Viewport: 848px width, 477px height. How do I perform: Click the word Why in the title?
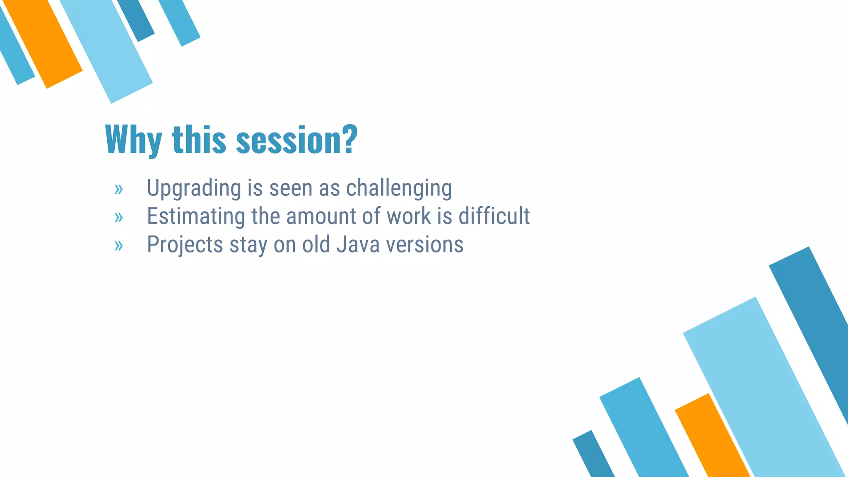pyautogui.click(x=133, y=140)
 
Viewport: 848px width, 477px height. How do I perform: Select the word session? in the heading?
pyautogui.click(x=296, y=140)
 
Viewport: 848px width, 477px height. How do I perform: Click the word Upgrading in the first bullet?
pyautogui.click(x=194, y=188)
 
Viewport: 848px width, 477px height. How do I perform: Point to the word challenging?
pyautogui.click(x=399, y=188)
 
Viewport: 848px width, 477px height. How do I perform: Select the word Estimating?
pyautogui.click(x=196, y=216)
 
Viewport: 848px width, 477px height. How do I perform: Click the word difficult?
pyautogui.click(x=494, y=216)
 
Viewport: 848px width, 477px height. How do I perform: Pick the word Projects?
pyautogui.click(x=185, y=244)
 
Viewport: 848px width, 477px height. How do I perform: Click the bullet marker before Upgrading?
pyautogui.click(x=119, y=190)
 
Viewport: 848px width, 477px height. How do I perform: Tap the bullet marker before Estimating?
pyautogui.click(x=119, y=217)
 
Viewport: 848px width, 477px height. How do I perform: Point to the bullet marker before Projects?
pyautogui.click(x=119, y=246)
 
